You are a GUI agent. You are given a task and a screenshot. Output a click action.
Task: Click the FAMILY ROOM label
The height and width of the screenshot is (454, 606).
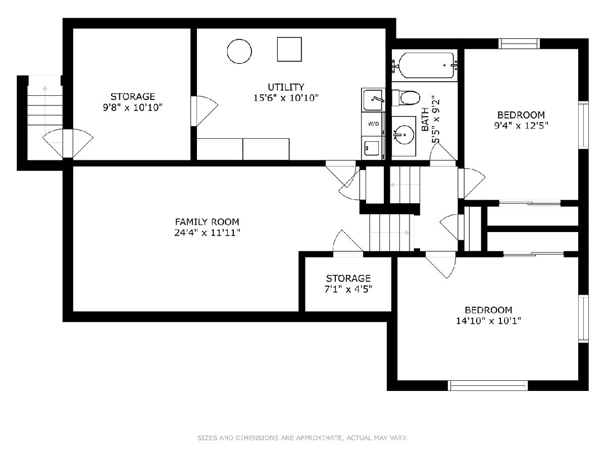[207, 221]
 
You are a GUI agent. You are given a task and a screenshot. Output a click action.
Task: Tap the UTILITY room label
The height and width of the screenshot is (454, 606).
[286, 87]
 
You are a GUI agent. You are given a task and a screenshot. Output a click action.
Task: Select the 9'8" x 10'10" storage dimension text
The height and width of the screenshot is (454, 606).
[132, 107]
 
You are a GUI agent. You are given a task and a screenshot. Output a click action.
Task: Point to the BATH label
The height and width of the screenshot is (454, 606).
[425, 119]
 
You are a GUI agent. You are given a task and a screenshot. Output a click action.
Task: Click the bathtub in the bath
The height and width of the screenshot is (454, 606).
[426, 66]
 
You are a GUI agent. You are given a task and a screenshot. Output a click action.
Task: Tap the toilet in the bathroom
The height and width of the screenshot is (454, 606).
[406, 98]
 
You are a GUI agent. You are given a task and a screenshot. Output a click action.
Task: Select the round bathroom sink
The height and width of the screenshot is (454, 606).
[404, 135]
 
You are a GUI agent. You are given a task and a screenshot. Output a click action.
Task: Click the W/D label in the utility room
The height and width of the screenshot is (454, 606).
[373, 124]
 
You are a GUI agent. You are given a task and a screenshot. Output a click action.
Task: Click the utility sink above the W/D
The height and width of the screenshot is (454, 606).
[373, 99]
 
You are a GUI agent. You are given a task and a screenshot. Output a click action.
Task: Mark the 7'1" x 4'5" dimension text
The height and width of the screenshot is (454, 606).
[348, 289]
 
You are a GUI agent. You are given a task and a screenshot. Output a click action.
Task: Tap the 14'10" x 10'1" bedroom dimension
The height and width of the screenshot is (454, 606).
[488, 321]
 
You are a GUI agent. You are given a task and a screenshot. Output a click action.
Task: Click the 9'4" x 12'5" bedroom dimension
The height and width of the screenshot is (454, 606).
[521, 126]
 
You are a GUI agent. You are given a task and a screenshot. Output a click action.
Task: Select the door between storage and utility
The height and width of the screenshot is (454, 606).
[205, 111]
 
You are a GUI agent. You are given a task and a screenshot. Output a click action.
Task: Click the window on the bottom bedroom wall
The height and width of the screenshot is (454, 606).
[487, 385]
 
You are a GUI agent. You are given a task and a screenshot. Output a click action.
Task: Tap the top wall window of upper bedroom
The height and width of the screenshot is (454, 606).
[519, 44]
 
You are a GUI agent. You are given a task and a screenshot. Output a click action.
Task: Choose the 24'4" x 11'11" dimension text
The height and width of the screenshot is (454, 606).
[207, 233]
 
